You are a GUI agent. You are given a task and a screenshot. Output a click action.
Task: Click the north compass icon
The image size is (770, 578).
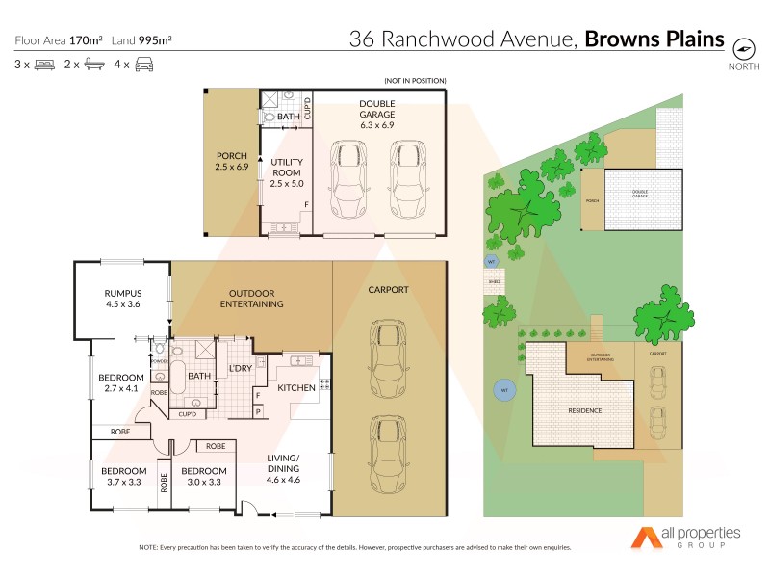pos(742,47)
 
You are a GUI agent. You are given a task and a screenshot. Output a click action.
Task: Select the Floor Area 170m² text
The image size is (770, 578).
pos(59,40)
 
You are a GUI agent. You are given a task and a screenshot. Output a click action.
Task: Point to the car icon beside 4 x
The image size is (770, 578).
pos(143,65)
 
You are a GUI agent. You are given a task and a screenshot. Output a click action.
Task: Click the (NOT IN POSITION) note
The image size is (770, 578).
pos(415,80)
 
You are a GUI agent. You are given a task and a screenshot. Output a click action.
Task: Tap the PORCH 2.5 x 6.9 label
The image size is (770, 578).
pos(232,162)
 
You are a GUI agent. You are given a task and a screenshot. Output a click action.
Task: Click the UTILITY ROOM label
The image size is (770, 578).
pos(287,172)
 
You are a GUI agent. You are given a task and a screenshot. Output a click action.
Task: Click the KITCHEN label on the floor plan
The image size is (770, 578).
pos(297,387)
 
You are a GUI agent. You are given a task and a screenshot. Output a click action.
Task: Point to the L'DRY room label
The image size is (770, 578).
pos(241,369)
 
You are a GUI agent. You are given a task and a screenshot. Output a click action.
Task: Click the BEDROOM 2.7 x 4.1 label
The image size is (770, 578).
pos(121,382)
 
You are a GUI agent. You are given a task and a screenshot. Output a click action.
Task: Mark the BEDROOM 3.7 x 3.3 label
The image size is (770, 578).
pos(122,476)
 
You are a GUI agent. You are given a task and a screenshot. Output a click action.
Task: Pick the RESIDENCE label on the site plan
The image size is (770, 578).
pos(583,410)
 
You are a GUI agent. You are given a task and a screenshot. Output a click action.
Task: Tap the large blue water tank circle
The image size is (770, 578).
pos(503,390)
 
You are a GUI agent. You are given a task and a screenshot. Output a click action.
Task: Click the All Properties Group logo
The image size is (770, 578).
pos(685,539)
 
